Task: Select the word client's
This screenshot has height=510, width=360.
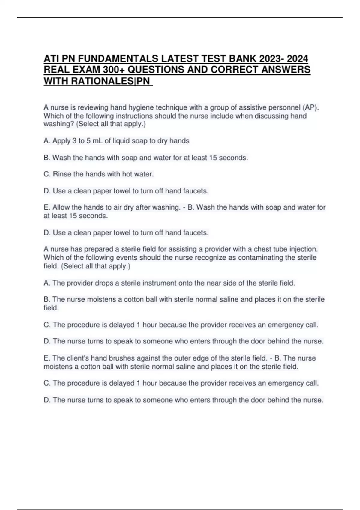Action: click(78, 358)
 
